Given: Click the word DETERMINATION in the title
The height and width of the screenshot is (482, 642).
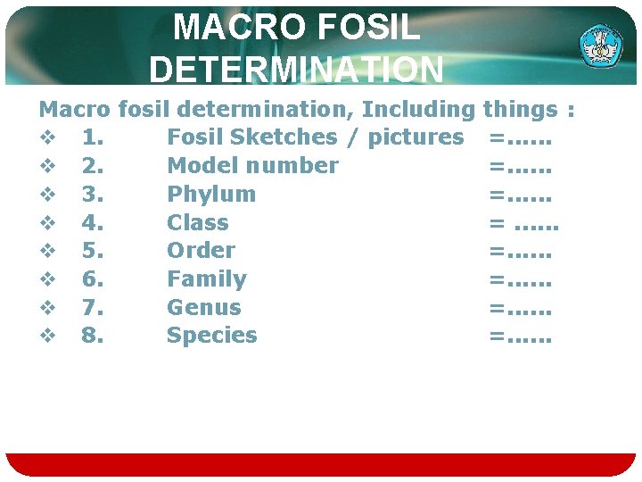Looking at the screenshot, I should coord(296,68).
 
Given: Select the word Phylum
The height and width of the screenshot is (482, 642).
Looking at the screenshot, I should coord(211,194).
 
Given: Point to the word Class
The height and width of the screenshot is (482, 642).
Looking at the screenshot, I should coord(198,222).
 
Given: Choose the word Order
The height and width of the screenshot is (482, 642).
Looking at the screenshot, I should coord(202,250).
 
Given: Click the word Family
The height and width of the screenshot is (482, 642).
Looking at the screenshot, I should coord(206,278).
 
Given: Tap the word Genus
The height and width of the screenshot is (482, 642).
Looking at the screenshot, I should coord(204,307).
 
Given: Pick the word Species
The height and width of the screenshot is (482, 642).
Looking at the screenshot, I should coord(212,336).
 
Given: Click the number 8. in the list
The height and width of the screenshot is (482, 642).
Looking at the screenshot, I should coord(91,336).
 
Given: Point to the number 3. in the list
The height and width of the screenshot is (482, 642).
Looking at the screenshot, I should coord(91,194).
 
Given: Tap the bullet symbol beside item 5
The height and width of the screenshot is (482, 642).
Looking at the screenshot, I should coord(48,251).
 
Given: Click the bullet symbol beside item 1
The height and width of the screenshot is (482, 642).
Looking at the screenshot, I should coord(48,137).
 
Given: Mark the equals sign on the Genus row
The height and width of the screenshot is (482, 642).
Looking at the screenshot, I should coord(496,307).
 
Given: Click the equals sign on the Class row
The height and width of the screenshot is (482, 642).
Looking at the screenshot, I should coord(496,222).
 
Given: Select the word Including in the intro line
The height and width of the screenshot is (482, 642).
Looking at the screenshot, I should coord(418,110).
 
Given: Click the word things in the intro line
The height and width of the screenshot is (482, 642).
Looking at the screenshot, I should coord(520,110).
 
